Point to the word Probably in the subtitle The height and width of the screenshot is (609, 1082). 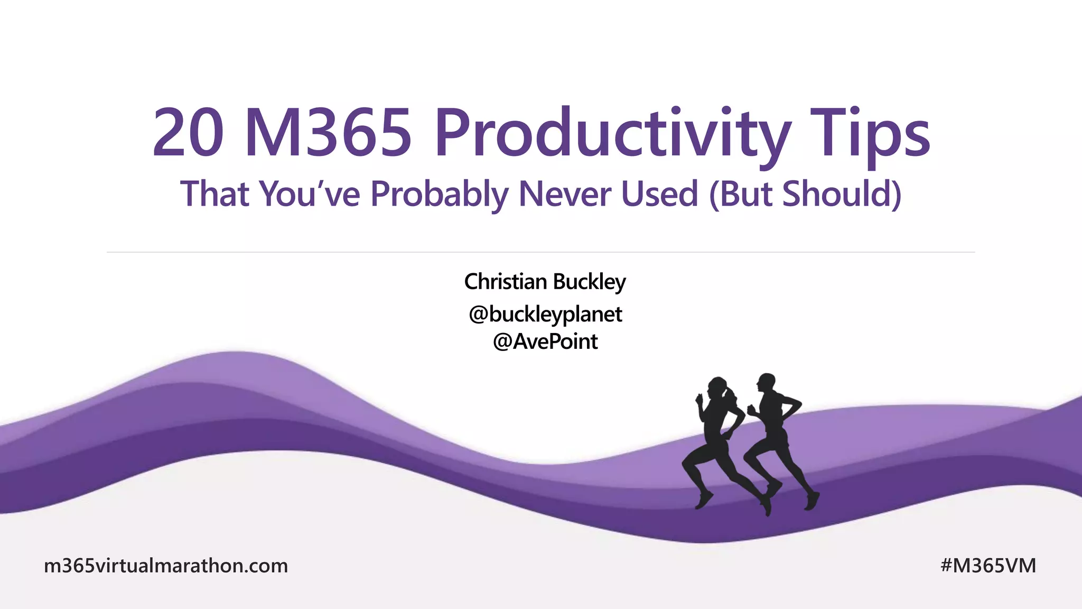click(x=439, y=194)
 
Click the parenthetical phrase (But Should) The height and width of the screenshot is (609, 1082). click(x=805, y=194)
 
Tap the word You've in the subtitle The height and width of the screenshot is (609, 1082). click(x=310, y=194)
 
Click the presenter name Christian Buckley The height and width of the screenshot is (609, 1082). click(x=545, y=282)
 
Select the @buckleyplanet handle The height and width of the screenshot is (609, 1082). click(x=545, y=315)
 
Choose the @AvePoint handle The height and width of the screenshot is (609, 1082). click(x=545, y=342)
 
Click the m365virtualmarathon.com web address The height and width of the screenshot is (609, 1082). click(x=166, y=566)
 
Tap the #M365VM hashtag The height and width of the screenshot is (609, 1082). click(x=988, y=566)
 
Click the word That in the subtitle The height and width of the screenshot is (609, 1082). click(x=214, y=194)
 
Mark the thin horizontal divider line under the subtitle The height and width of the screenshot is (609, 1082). click(x=540, y=253)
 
